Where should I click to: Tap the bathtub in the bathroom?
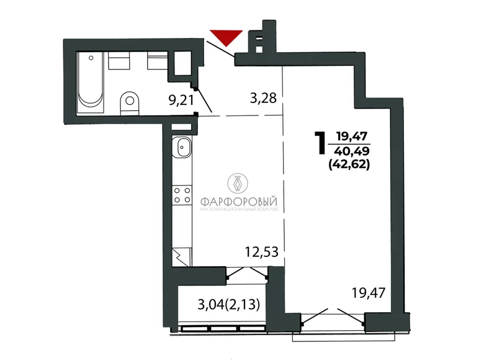click(91, 82)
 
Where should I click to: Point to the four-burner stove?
click(182, 196)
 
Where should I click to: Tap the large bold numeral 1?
click(320, 143)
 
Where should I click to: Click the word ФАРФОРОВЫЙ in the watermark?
click(239, 202)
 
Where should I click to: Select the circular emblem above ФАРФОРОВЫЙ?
click(238, 183)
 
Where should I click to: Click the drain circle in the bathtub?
click(91, 58)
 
